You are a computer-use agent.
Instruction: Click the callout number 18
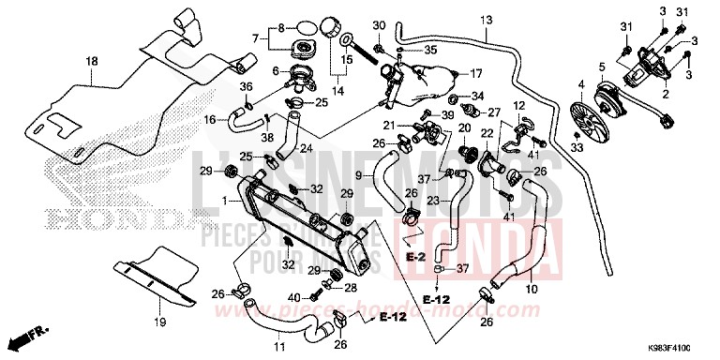pyautogui.click(x=92, y=62)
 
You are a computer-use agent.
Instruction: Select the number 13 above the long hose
pyautogui.click(x=486, y=20)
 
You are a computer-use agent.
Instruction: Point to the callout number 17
pyautogui.click(x=476, y=72)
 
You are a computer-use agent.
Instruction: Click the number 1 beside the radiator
pyautogui.click(x=223, y=202)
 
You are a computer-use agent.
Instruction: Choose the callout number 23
pyautogui.click(x=434, y=200)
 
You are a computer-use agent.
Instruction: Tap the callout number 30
pyautogui.click(x=379, y=23)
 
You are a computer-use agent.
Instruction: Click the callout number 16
pyautogui.click(x=210, y=119)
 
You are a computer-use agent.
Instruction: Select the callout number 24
pyautogui.click(x=306, y=148)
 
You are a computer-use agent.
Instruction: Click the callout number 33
pyautogui.click(x=576, y=147)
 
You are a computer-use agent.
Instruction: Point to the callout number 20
pyautogui.click(x=463, y=127)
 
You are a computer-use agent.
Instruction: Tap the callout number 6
pyautogui.click(x=275, y=70)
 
